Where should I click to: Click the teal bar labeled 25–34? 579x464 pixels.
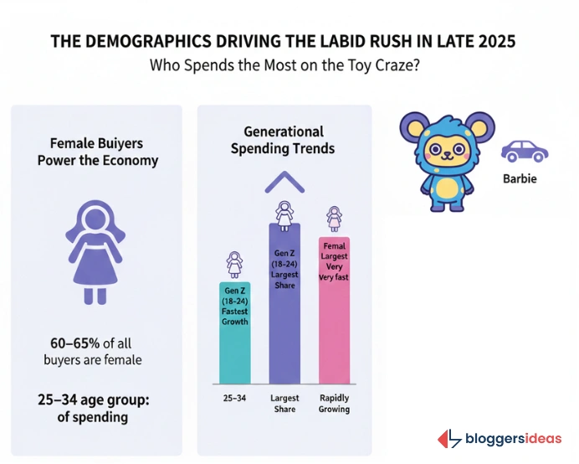[234, 335]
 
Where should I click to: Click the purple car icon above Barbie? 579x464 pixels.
[524, 152]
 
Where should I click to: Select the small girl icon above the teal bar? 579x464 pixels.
[234, 265]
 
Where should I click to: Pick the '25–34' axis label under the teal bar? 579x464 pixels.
[234, 398]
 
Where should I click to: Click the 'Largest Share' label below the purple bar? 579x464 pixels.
[284, 404]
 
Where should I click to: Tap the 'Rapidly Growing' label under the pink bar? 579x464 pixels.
[334, 404]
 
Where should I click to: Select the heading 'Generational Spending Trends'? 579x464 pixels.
[283, 140]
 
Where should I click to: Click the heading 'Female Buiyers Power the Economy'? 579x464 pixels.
[97, 152]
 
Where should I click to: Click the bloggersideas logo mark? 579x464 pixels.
[449, 439]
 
